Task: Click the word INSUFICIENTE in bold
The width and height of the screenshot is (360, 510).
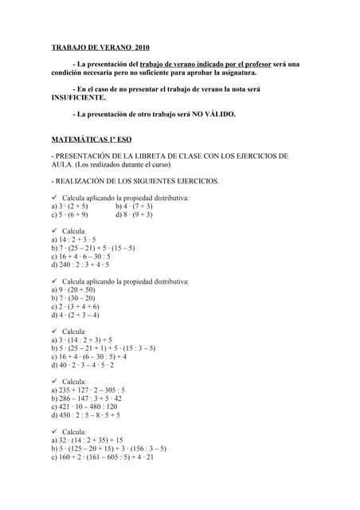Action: [x=78, y=97]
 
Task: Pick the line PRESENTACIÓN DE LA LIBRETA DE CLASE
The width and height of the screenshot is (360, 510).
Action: [x=169, y=155]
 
